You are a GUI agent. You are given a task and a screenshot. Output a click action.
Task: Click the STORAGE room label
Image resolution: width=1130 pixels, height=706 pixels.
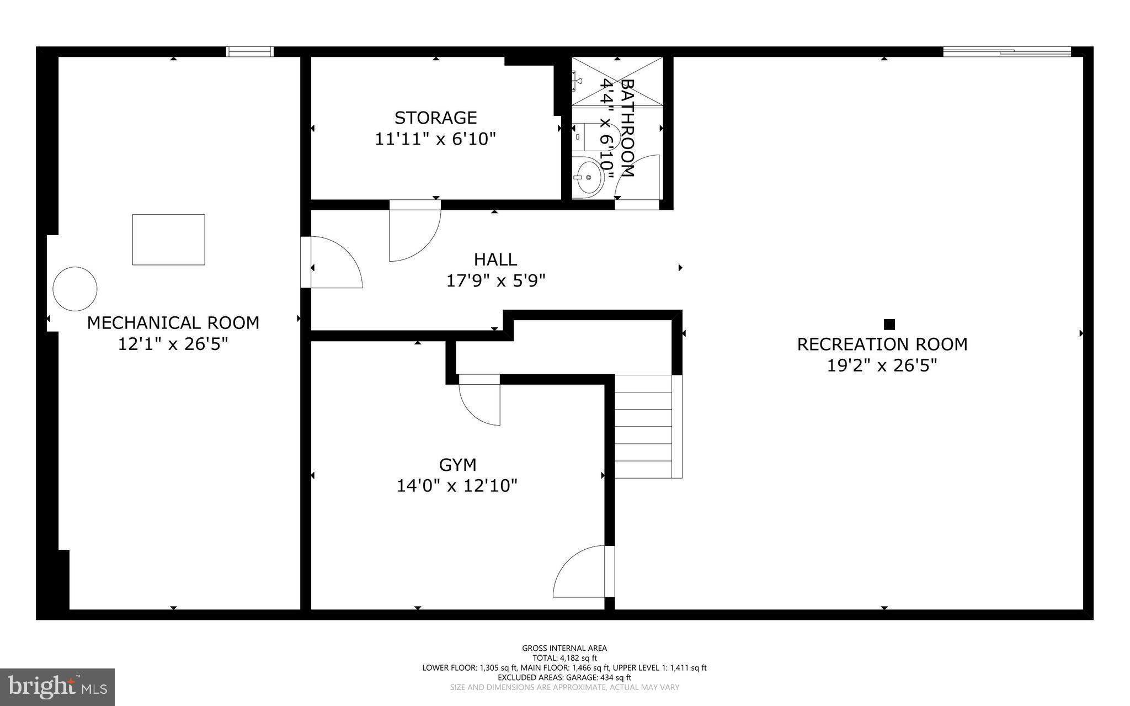[x=435, y=118]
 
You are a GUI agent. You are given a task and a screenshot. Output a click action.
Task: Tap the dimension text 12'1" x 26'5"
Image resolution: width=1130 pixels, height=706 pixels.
[x=173, y=344]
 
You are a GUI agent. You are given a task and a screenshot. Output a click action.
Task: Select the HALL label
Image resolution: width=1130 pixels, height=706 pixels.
[x=495, y=259]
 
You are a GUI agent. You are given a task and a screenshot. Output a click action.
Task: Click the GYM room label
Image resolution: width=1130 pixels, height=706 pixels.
[x=457, y=465]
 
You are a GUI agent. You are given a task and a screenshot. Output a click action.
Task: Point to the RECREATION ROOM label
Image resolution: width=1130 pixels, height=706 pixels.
[x=882, y=344]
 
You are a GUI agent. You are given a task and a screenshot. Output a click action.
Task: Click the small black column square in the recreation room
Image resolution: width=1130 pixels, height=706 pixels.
[x=889, y=324]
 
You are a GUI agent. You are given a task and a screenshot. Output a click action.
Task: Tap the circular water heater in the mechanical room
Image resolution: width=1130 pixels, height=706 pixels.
[x=75, y=289]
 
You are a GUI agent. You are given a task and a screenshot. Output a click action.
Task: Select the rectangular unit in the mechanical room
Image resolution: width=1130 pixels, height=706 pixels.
[x=168, y=240]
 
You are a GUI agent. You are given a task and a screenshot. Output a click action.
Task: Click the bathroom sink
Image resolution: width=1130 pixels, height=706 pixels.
[x=587, y=177]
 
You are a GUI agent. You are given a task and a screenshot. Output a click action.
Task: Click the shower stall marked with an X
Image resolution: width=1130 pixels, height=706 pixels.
[x=617, y=81]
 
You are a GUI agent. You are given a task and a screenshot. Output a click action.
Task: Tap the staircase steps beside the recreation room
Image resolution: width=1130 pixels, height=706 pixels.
[x=644, y=426]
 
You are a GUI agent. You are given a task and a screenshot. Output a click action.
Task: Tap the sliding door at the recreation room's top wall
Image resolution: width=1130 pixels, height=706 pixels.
[x=1006, y=52]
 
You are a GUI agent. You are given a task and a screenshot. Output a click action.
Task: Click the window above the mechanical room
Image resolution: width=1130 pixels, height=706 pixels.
[x=250, y=51]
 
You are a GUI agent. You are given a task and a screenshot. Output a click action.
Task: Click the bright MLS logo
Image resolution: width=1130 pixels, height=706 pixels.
[x=57, y=687]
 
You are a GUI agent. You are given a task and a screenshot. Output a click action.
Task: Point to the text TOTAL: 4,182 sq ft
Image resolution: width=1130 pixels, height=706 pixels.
[x=564, y=658]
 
